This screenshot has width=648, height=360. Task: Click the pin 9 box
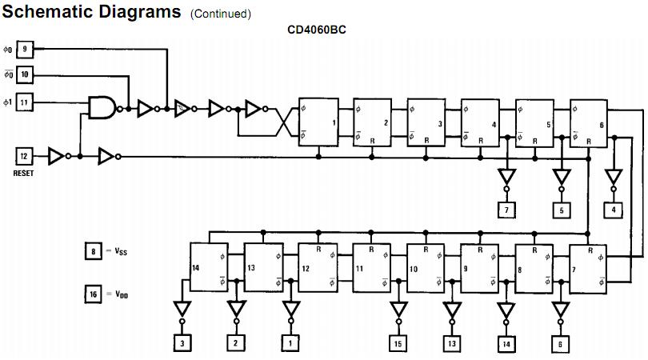point(25,49)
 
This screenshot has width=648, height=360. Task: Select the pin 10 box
point(25,75)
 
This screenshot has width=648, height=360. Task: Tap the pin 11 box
point(25,102)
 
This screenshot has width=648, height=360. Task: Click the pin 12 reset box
point(25,156)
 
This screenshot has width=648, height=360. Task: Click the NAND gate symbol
point(102,108)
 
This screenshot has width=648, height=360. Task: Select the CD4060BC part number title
point(317,30)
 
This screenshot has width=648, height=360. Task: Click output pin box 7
point(506,210)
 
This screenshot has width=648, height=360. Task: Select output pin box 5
point(561,210)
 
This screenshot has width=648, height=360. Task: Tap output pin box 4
point(614,210)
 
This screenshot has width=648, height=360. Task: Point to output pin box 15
point(398,342)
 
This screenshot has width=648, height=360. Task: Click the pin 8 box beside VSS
point(94,251)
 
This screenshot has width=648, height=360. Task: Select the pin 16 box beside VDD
point(94,294)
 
